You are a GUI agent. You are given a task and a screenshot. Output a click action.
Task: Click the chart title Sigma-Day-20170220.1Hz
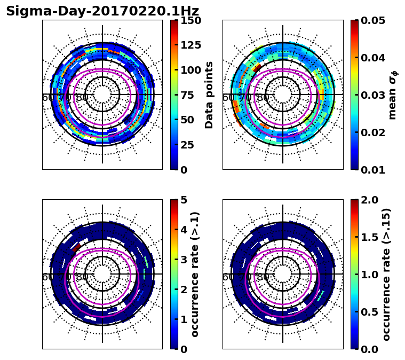(x=102, y=11)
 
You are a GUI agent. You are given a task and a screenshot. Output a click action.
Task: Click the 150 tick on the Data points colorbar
(x=190, y=20)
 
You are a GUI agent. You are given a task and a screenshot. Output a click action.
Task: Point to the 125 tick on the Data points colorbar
(x=190, y=45)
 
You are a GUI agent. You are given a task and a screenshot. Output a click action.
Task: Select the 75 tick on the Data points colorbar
(x=190, y=95)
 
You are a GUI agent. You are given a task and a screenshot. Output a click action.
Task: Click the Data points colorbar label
(x=209, y=95)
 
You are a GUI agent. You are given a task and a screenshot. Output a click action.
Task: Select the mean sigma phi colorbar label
(x=392, y=95)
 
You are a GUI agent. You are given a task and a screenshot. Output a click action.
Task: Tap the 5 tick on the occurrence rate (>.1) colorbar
(x=184, y=200)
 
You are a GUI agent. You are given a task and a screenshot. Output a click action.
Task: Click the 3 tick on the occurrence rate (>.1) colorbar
(x=184, y=260)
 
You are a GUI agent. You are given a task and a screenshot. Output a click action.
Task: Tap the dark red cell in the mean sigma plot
(x=257, y=68)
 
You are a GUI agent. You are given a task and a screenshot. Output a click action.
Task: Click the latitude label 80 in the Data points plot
(x=82, y=98)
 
